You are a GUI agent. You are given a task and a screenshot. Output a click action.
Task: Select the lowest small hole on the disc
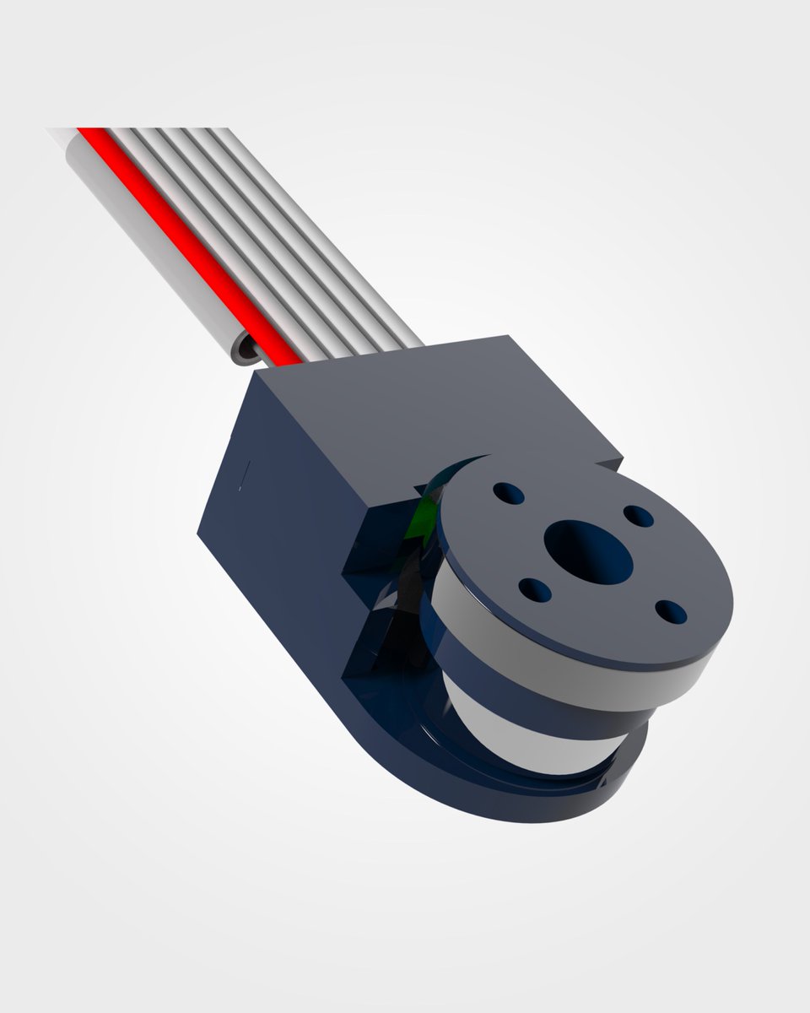[x=670, y=611]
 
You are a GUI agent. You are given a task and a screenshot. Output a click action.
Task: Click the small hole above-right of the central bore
[x=638, y=516]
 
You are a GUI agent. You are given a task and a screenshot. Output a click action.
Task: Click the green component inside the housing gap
[x=419, y=523]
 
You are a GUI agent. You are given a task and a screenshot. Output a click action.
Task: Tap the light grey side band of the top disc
[x=574, y=667]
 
